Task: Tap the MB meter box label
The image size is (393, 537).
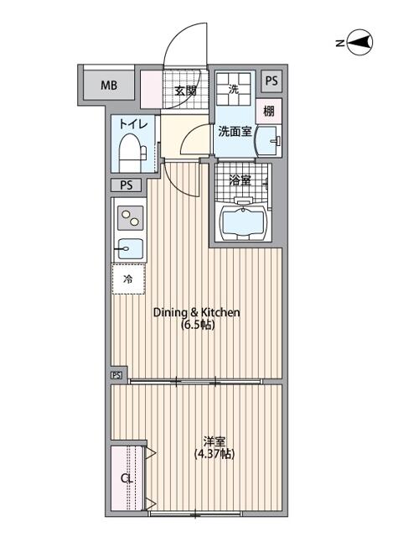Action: [x=109, y=85]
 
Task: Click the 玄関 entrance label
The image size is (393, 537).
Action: [x=185, y=91]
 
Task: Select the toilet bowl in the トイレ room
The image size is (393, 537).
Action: [x=132, y=151]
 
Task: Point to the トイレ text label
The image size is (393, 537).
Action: [x=133, y=124]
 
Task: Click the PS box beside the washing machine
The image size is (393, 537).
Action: [x=271, y=81]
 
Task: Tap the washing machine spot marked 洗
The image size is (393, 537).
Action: [x=235, y=89]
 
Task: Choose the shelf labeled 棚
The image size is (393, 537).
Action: [x=269, y=111]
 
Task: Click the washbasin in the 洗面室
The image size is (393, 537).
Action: [x=269, y=141]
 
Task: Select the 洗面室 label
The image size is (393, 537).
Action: [x=235, y=131]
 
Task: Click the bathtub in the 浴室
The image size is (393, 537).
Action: [x=244, y=221]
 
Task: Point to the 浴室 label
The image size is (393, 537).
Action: [x=240, y=181]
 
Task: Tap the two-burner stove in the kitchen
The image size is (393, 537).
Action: [x=131, y=218]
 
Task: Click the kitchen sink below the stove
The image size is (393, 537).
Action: [x=131, y=249]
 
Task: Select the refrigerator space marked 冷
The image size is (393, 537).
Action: [x=128, y=279]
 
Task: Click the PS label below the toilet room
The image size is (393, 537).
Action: [x=127, y=185]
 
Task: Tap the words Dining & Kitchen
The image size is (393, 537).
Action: [x=197, y=312]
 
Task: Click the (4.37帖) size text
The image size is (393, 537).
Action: [x=215, y=454]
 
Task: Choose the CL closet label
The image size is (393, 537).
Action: [x=127, y=478]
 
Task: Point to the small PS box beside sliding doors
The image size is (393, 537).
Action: [x=116, y=375]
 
